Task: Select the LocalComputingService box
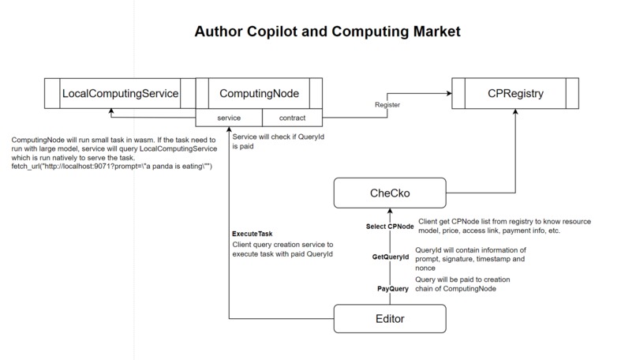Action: coord(119,94)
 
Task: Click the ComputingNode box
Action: coord(258,94)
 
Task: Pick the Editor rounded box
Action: coord(388,319)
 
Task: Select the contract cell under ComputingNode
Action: coord(290,118)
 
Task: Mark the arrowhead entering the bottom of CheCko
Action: coord(388,212)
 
